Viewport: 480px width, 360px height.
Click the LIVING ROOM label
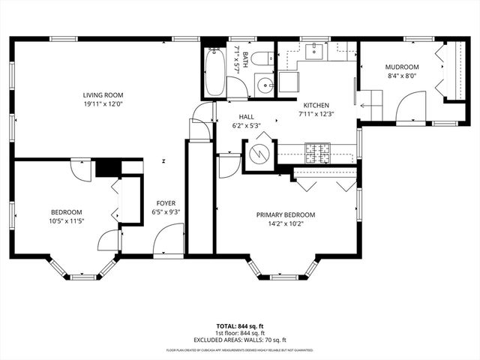(103, 94)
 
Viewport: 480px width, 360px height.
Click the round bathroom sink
(264, 85)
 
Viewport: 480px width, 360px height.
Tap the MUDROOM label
(403, 66)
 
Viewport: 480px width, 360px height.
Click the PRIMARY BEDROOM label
(286, 214)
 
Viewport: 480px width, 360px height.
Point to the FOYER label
(166, 203)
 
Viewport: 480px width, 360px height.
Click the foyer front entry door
(168, 242)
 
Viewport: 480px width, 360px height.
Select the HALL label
(247, 117)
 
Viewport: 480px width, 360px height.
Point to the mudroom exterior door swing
(411, 107)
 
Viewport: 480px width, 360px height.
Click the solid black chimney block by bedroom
(108, 167)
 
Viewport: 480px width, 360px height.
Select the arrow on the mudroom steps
(370, 106)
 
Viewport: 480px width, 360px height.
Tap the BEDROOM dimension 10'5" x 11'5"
(67, 220)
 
